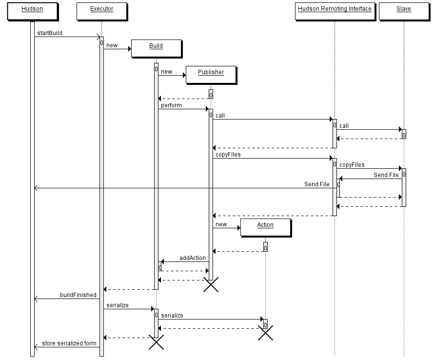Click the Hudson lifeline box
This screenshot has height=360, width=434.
pos(32,12)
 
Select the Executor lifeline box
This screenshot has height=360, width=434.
pos(102,12)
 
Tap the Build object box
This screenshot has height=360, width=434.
pos(157,49)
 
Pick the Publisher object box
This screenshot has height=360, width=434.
pos(211,75)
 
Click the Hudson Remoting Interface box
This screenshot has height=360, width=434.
pos(335,12)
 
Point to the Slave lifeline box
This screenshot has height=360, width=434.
pos(404,12)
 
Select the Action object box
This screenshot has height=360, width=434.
pos(266,228)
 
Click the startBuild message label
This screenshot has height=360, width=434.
pos(50,33)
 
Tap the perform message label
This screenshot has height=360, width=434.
pos(171,105)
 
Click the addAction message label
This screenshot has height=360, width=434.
pos(193,258)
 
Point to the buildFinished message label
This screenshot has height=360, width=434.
pos(79,295)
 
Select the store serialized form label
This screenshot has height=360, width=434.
pos(69,343)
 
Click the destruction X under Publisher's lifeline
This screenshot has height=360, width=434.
pos(211,284)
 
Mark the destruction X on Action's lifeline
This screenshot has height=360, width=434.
pos(266,333)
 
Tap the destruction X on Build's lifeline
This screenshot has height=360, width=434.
pos(157,342)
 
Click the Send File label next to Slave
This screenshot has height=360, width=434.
pos(386,175)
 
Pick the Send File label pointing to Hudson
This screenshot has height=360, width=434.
pos(317,184)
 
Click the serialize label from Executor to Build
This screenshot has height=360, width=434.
pos(118,305)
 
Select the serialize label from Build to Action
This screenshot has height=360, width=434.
pos(172,316)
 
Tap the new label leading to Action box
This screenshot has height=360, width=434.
pos(221,224)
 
